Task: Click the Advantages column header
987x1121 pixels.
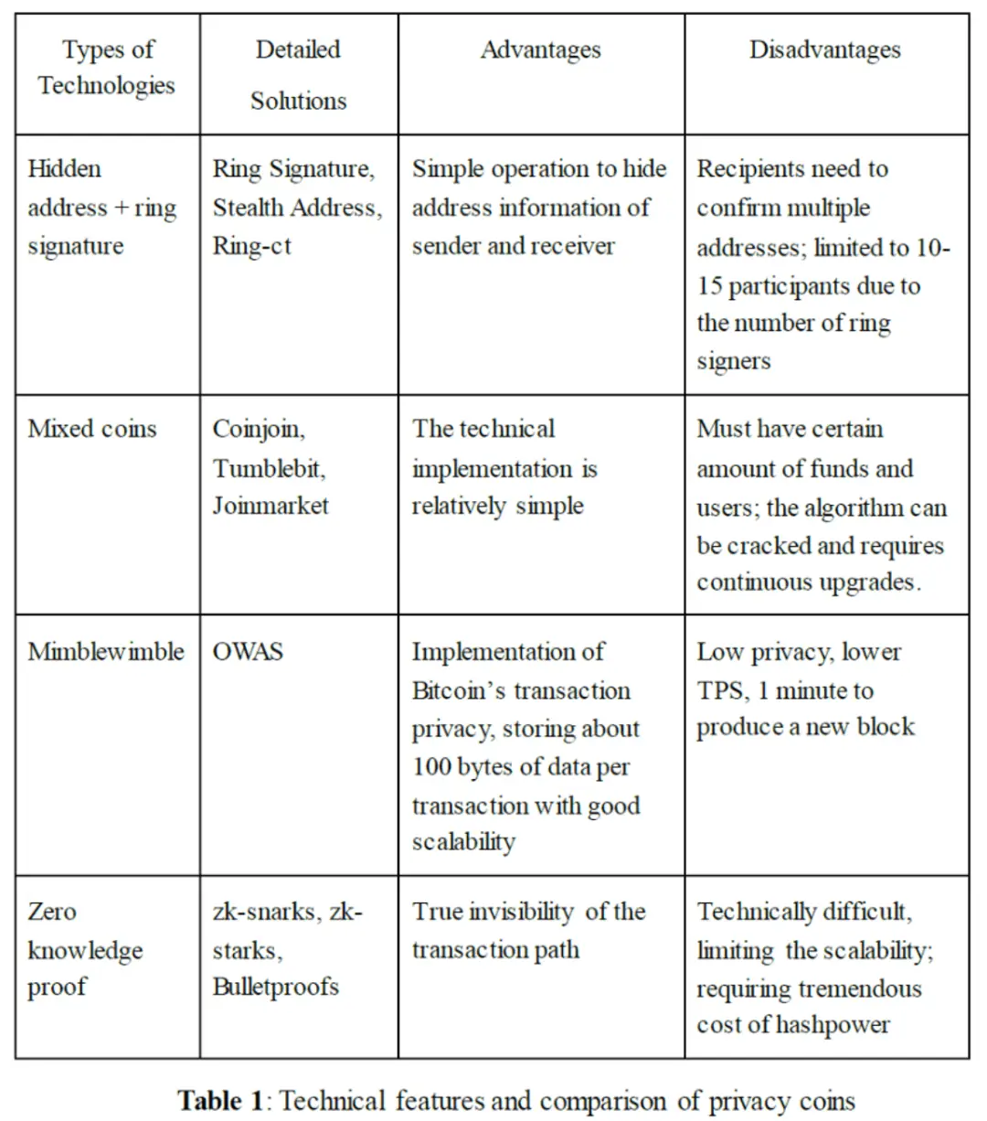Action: click(x=540, y=49)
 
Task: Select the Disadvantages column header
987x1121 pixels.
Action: click(x=824, y=49)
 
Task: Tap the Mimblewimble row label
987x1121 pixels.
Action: click(x=106, y=651)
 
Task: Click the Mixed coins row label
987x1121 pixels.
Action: click(x=91, y=429)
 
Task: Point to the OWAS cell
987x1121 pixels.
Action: click(x=248, y=651)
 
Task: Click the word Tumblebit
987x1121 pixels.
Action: click(x=269, y=468)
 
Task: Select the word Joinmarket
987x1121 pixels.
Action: click(x=271, y=506)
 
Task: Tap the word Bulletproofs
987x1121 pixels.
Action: click(x=275, y=987)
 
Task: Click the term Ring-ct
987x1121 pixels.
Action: click(x=251, y=246)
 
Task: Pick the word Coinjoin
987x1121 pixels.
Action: click(x=259, y=429)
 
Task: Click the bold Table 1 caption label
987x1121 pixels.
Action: click(x=220, y=1100)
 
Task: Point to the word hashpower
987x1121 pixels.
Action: click(x=833, y=1025)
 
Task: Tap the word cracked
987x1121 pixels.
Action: click(x=766, y=546)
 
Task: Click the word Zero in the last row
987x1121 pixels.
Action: click(x=52, y=912)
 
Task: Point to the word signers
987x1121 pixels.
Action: click(x=733, y=361)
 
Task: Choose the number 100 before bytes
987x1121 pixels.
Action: click(x=430, y=766)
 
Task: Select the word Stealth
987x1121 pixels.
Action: click(x=249, y=208)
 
